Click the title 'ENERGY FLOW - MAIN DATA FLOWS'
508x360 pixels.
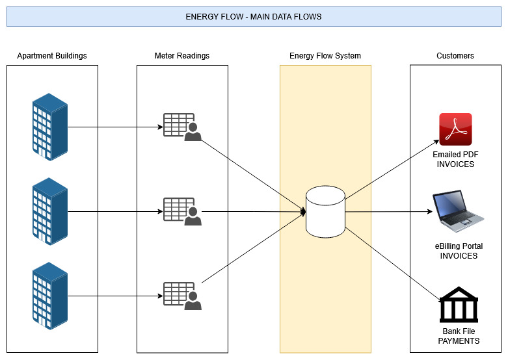254,16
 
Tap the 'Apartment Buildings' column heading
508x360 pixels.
52,56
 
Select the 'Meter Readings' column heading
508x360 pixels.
182,56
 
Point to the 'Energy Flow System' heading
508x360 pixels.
325,56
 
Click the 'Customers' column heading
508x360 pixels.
455,56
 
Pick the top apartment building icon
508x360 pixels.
50,127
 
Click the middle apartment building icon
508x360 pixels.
50,211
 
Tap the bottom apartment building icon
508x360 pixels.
50,296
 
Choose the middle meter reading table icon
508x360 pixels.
181,211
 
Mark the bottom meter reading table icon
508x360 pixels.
181,296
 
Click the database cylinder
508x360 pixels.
325,211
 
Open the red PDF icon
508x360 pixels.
455,129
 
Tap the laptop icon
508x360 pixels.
459,211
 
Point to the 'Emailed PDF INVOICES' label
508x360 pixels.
455,160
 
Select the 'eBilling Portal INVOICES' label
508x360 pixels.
459,251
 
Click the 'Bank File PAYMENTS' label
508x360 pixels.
459,336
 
